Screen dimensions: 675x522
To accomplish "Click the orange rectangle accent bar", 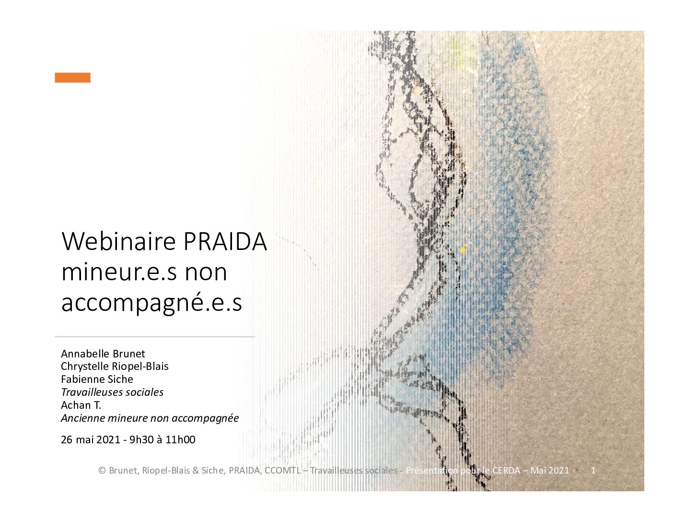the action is [x=72, y=77].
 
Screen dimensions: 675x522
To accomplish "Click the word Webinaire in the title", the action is [x=119, y=241].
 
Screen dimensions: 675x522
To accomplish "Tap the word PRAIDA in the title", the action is [x=225, y=241].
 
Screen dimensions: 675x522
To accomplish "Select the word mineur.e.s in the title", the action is [x=119, y=272].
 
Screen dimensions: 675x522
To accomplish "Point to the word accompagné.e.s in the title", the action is [x=151, y=303].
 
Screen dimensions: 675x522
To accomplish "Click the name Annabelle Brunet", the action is [x=103, y=354].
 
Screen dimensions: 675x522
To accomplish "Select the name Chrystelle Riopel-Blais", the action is [x=115, y=366].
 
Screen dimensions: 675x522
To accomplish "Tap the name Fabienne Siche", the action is [x=97, y=379].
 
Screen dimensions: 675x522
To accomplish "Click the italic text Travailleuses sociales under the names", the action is [x=112, y=392].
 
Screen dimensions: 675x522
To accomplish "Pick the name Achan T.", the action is [x=81, y=405].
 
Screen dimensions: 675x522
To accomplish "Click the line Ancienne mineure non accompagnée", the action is [x=150, y=418].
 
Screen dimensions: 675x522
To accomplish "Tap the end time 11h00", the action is [x=180, y=439].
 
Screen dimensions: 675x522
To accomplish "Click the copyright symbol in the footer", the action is [x=102, y=470].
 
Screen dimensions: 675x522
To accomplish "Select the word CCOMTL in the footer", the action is [x=282, y=470].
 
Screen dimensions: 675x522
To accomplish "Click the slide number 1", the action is [x=593, y=470].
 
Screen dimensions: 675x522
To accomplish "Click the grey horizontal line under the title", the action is [x=155, y=337].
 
